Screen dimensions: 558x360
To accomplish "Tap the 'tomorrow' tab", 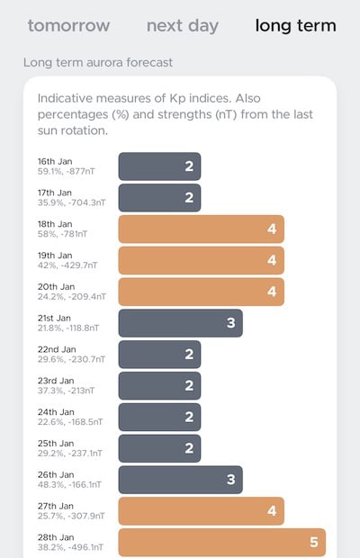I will pyautogui.click(x=68, y=25).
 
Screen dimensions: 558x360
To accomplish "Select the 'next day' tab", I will pyautogui.click(x=182, y=25).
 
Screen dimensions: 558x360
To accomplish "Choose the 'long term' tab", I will pyautogui.click(x=295, y=25).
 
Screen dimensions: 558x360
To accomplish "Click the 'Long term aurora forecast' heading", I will pyautogui.click(x=97, y=63).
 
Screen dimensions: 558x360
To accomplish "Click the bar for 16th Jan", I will pyautogui.click(x=159, y=166).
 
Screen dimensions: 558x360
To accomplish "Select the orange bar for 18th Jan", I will pyautogui.click(x=201, y=229).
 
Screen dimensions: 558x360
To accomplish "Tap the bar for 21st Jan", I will pyautogui.click(x=180, y=323).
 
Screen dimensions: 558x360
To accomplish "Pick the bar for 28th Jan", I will pyautogui.click(x=221, y=543).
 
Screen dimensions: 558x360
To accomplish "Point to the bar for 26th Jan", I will pyautogui.click(x=180, y=480).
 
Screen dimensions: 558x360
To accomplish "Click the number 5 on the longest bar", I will pyautogui.click(x=314, y=543).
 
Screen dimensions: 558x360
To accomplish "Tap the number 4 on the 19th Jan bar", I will pyautogui.click(x=272, y=260).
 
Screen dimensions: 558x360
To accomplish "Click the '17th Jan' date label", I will pyautogui.click(x=55, y=193).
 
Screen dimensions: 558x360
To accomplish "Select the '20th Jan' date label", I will pyautogui.click(x=56, y=286).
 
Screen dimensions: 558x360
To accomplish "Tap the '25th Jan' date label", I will pyautogui.click(x=56, y=444).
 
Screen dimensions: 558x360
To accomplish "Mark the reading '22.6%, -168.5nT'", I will pyautogui.click(x=71, y=422).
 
